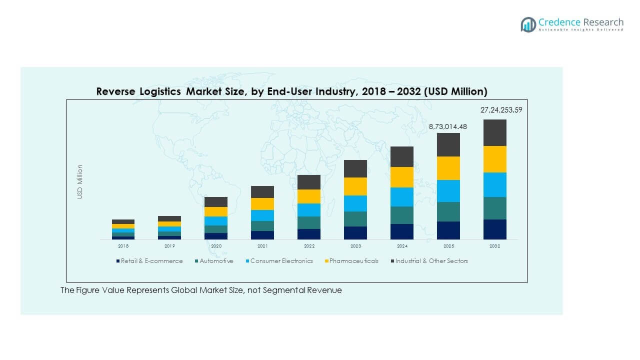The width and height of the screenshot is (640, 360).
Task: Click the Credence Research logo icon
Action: pyautogui.click(x=528, y=24)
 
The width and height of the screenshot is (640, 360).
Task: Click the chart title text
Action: pyautogui.click(x=291, y=91)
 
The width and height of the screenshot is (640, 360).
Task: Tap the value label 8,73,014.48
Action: pyautogui.click(x=448, y=126)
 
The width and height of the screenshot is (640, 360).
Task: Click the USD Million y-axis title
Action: pyautogui.click(x=80, y=182)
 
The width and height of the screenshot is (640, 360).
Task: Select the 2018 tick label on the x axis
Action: pyautogui.click(x=123, y=246)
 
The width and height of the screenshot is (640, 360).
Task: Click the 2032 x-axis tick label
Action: pyautogui.click(x=494, y=246)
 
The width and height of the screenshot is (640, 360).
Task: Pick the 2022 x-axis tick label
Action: pyautogui.click(x=309, y=246)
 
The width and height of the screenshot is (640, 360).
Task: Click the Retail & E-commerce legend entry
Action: pyautogui.click(x=149, y=261)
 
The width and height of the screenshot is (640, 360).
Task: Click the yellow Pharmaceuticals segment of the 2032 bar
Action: pyautogui.click(x=494, y=159)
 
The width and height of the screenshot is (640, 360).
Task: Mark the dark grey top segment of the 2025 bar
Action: pyautogui.click(x=448, y=144)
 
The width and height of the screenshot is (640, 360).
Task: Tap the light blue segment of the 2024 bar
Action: pyautogui.click(x=402, y=197)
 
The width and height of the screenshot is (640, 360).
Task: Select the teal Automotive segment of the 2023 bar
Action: pyautogui.click(x=355, y=219)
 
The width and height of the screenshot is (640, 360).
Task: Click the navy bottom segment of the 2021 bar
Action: pyautogui.click(x=262, y=235)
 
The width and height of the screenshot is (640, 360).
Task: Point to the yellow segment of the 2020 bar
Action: pyautogui.click(x=216, y=211)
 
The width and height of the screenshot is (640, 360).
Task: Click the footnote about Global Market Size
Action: pyautogui.click(x=201, y=290)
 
